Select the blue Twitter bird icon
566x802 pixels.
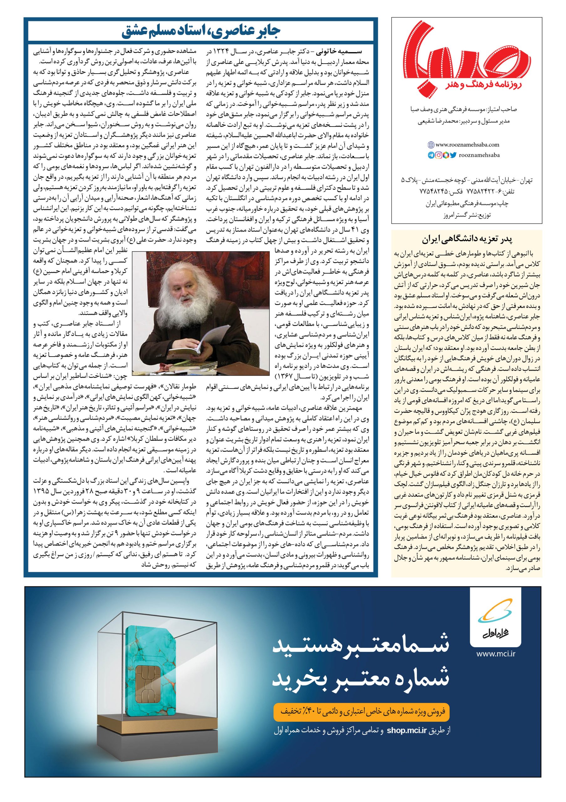click(453, 155)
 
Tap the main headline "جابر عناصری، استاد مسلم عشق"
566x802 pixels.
click(201, 33)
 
